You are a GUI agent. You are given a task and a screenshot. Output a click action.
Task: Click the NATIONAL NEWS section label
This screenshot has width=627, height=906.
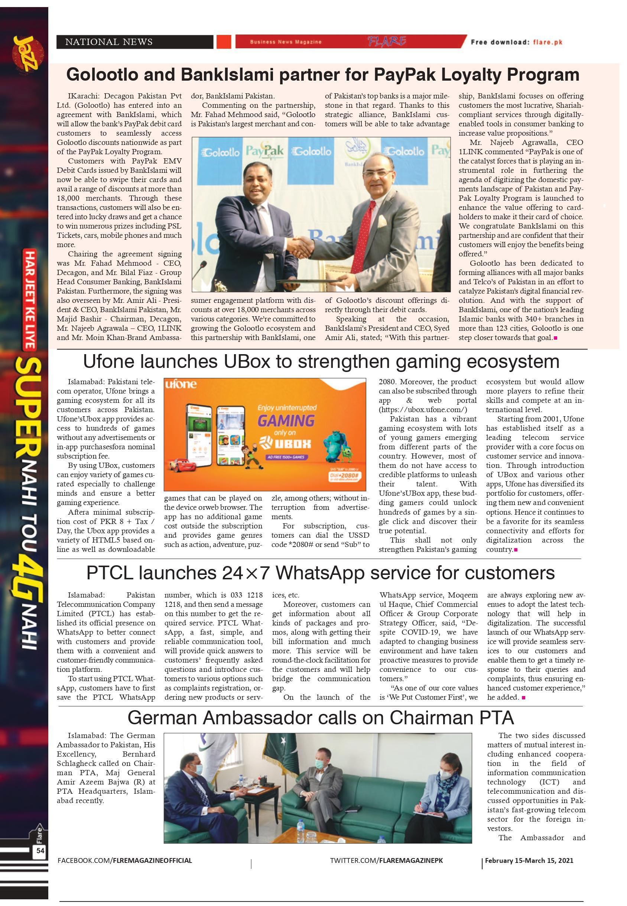[x=109, y=42]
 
